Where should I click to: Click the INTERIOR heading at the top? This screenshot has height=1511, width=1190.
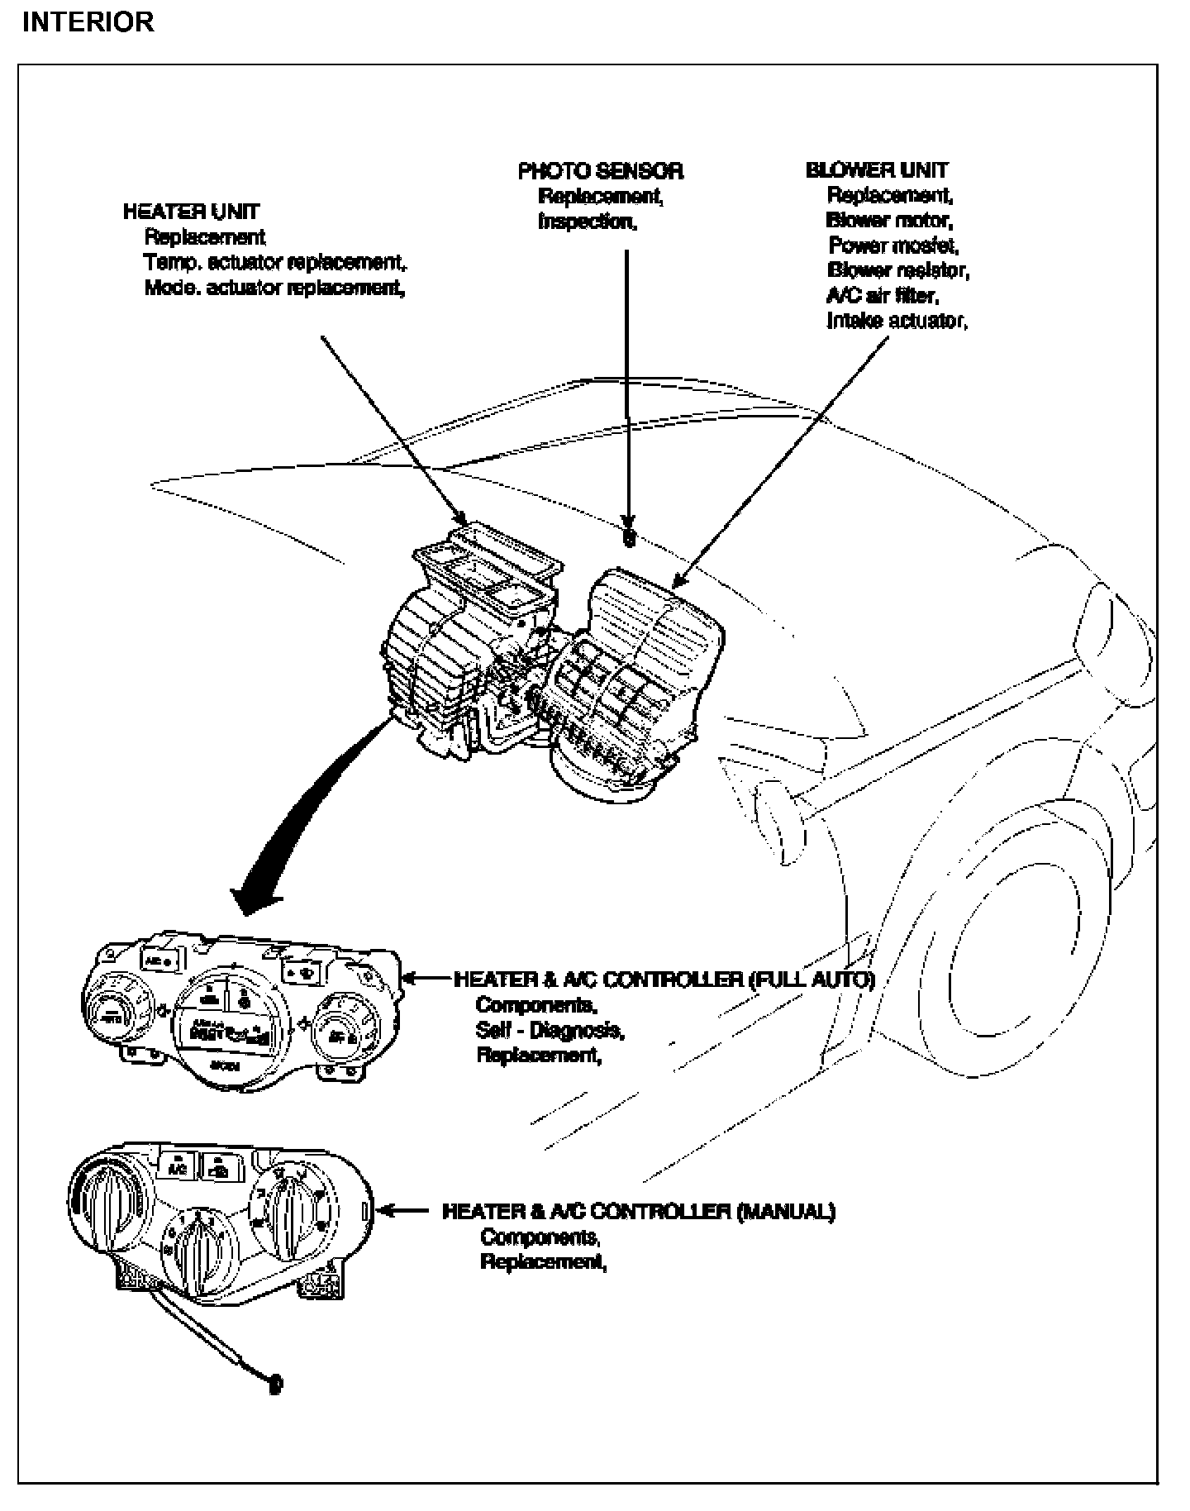point(88,22)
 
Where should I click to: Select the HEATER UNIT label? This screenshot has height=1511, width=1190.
point(191,212)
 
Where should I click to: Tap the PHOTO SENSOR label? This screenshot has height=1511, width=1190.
point(601,171)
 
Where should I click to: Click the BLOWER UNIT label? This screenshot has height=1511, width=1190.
point(877,170)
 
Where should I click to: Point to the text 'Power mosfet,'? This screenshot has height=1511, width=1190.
point(893,245)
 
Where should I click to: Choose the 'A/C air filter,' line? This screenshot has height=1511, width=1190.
point(883,295)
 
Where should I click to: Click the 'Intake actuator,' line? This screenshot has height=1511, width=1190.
point(897,321)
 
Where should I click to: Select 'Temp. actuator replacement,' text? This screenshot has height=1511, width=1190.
point(276,263)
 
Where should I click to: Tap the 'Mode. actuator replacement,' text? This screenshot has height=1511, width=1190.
point(274,288)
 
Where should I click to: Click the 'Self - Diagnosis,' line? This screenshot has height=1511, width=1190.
point(550,1031)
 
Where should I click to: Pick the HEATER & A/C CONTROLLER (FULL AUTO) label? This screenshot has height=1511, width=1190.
point(664,980)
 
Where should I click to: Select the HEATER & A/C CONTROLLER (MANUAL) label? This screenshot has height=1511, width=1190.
point(639,1212)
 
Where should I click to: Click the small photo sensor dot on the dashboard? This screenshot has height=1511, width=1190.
point(629,539)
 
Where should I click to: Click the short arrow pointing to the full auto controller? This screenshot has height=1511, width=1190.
point(426,980)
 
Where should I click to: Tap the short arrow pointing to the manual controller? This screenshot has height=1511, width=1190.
point(406,1212)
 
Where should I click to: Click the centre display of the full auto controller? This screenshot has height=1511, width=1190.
point(230,1027)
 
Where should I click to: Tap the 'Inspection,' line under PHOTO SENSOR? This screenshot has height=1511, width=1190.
point(588,222)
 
